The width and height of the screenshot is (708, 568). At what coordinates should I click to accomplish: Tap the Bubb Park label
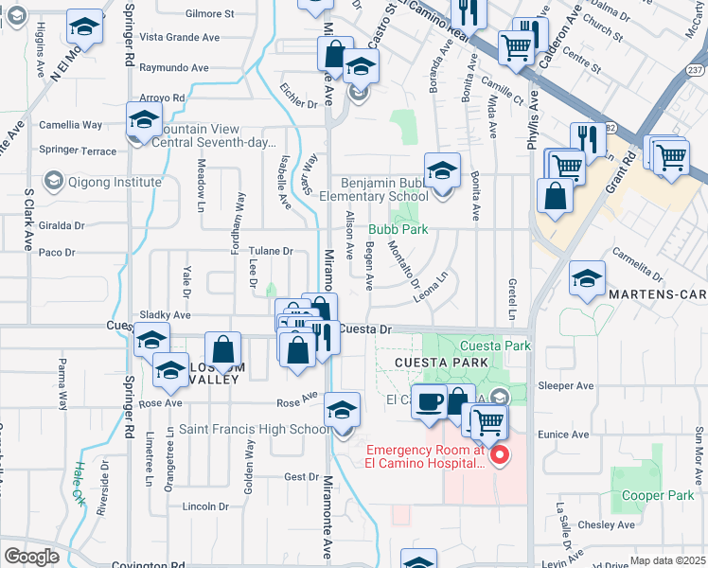[398, 229]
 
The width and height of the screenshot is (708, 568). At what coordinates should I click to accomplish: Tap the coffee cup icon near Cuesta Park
[428, 401]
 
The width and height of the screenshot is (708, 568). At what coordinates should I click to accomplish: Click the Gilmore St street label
[210, 14]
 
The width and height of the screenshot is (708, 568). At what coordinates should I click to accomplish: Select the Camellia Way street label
[70, 125]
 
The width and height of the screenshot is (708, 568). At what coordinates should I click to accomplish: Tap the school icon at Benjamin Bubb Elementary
[442, 171]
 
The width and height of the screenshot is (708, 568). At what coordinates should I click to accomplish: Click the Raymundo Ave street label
[174, 68]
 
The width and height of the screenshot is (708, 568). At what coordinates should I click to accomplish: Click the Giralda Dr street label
[62, 226]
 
